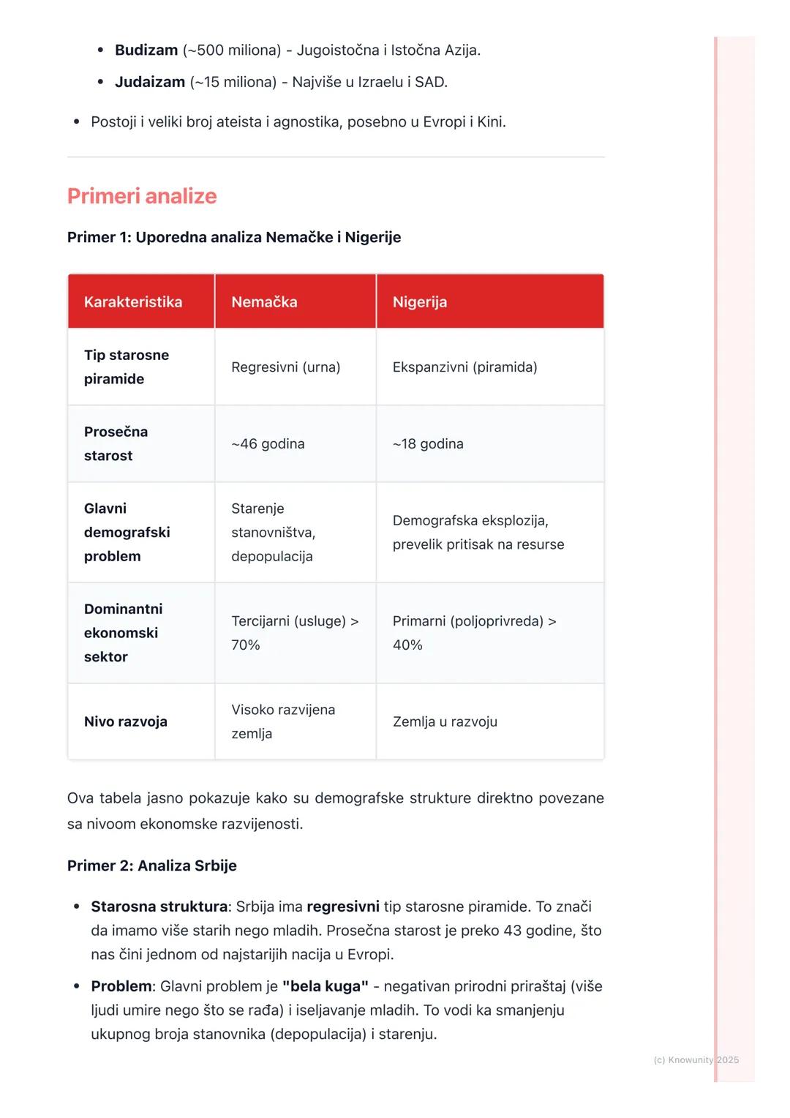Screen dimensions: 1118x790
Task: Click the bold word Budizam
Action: click(146, 50)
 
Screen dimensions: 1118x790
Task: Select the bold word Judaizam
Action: click(150, 82)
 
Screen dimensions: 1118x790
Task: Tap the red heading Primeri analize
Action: click(142, 196)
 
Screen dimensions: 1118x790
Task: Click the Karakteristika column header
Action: click(133, 302)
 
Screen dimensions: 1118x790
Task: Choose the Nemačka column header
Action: click(264, 302)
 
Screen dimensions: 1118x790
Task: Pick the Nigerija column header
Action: click(419, 302)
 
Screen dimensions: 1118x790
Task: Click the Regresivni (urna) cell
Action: click(285, 367)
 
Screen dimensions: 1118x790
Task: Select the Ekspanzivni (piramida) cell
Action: click(464, 367)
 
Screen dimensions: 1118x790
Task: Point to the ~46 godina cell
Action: click(268, 444)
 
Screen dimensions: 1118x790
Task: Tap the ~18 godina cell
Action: click(428, 444)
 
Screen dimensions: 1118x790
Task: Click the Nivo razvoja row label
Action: click(126, 722)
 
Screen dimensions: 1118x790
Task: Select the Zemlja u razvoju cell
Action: click(445, 722)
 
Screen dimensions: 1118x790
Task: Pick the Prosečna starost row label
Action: click(116, 444)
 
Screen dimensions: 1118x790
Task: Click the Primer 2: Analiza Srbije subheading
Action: click(152, 866)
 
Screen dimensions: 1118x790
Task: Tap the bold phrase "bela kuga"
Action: click(325, 987)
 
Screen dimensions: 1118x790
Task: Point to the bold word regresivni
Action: click(342, 907)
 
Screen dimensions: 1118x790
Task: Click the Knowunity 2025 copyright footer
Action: click(696, 1060)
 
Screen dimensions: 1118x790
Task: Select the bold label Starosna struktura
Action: click(159, 907)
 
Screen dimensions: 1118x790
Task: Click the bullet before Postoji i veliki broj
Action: click(77, 122)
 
